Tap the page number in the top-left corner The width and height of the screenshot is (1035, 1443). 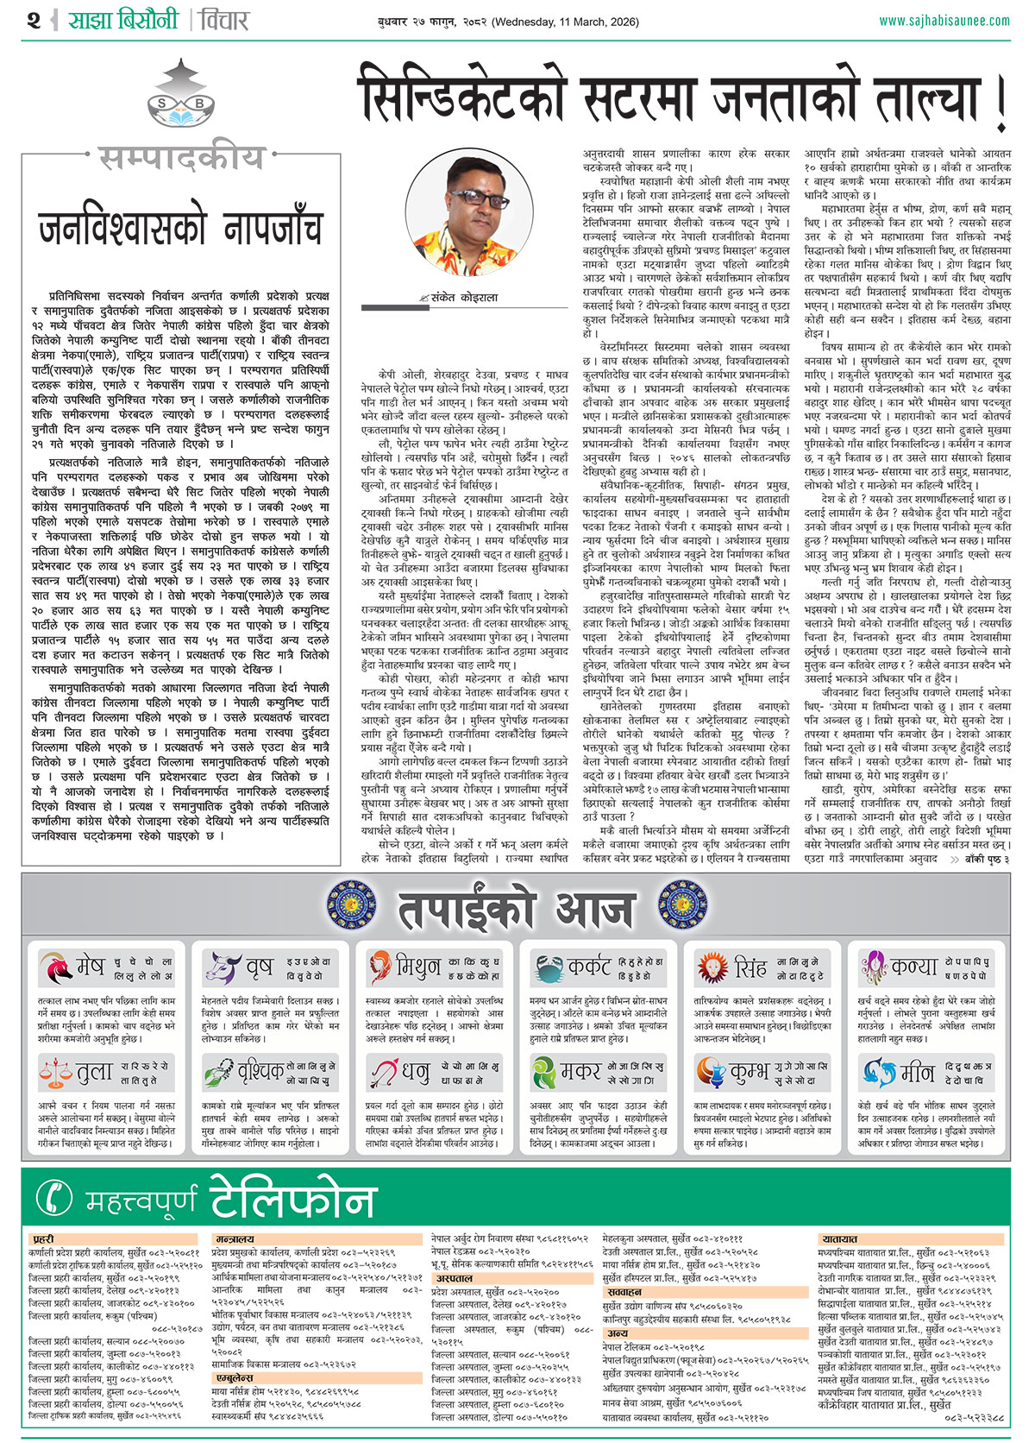(34, 21)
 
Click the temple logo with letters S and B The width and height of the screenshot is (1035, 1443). (180, 99)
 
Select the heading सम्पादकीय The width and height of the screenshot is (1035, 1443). (180, 159)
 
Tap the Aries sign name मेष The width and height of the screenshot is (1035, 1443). (90, 966)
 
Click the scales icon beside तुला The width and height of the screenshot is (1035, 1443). (57, 1073)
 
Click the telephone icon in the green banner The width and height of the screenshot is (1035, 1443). (57, 1197)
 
